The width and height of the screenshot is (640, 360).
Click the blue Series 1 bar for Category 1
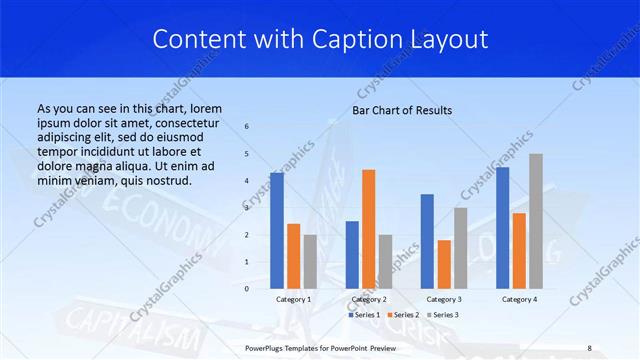[277, 230]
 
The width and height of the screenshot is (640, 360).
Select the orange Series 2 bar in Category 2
[369, 229]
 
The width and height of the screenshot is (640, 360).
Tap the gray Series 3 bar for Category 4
[536, 221]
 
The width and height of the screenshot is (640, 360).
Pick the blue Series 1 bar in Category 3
[427, 241]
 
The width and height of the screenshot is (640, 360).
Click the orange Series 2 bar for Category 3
[444, 264]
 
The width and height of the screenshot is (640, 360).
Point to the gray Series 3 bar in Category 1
[310, 261]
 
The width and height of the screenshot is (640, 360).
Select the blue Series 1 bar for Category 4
[502, 227]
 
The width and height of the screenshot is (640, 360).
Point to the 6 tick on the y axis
[247, 126]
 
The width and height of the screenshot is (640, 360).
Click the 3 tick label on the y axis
[247, 208]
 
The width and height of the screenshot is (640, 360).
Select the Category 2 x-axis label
[369, 299]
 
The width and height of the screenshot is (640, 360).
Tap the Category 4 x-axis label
[519, 299]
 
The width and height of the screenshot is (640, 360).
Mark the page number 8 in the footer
[589, 348]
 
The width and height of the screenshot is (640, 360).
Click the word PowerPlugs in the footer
[267, 348]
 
